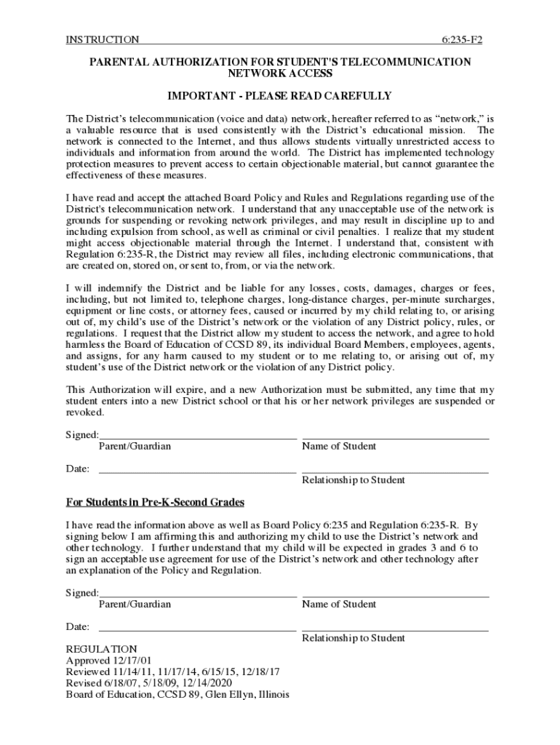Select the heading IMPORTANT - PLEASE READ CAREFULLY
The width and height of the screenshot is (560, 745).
279,96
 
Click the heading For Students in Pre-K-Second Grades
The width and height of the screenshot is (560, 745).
155,503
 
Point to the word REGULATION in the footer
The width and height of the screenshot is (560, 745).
101,649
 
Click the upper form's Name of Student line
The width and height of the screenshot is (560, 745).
395,439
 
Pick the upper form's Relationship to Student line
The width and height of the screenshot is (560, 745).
395,473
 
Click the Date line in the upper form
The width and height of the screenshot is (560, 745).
197,473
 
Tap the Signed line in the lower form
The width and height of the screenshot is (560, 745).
197,597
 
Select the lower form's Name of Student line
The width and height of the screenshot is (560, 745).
395,597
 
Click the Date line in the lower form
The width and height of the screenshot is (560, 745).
197,630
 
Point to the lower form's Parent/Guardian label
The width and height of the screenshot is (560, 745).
135,605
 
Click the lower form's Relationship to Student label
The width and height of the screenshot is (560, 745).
353,638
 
